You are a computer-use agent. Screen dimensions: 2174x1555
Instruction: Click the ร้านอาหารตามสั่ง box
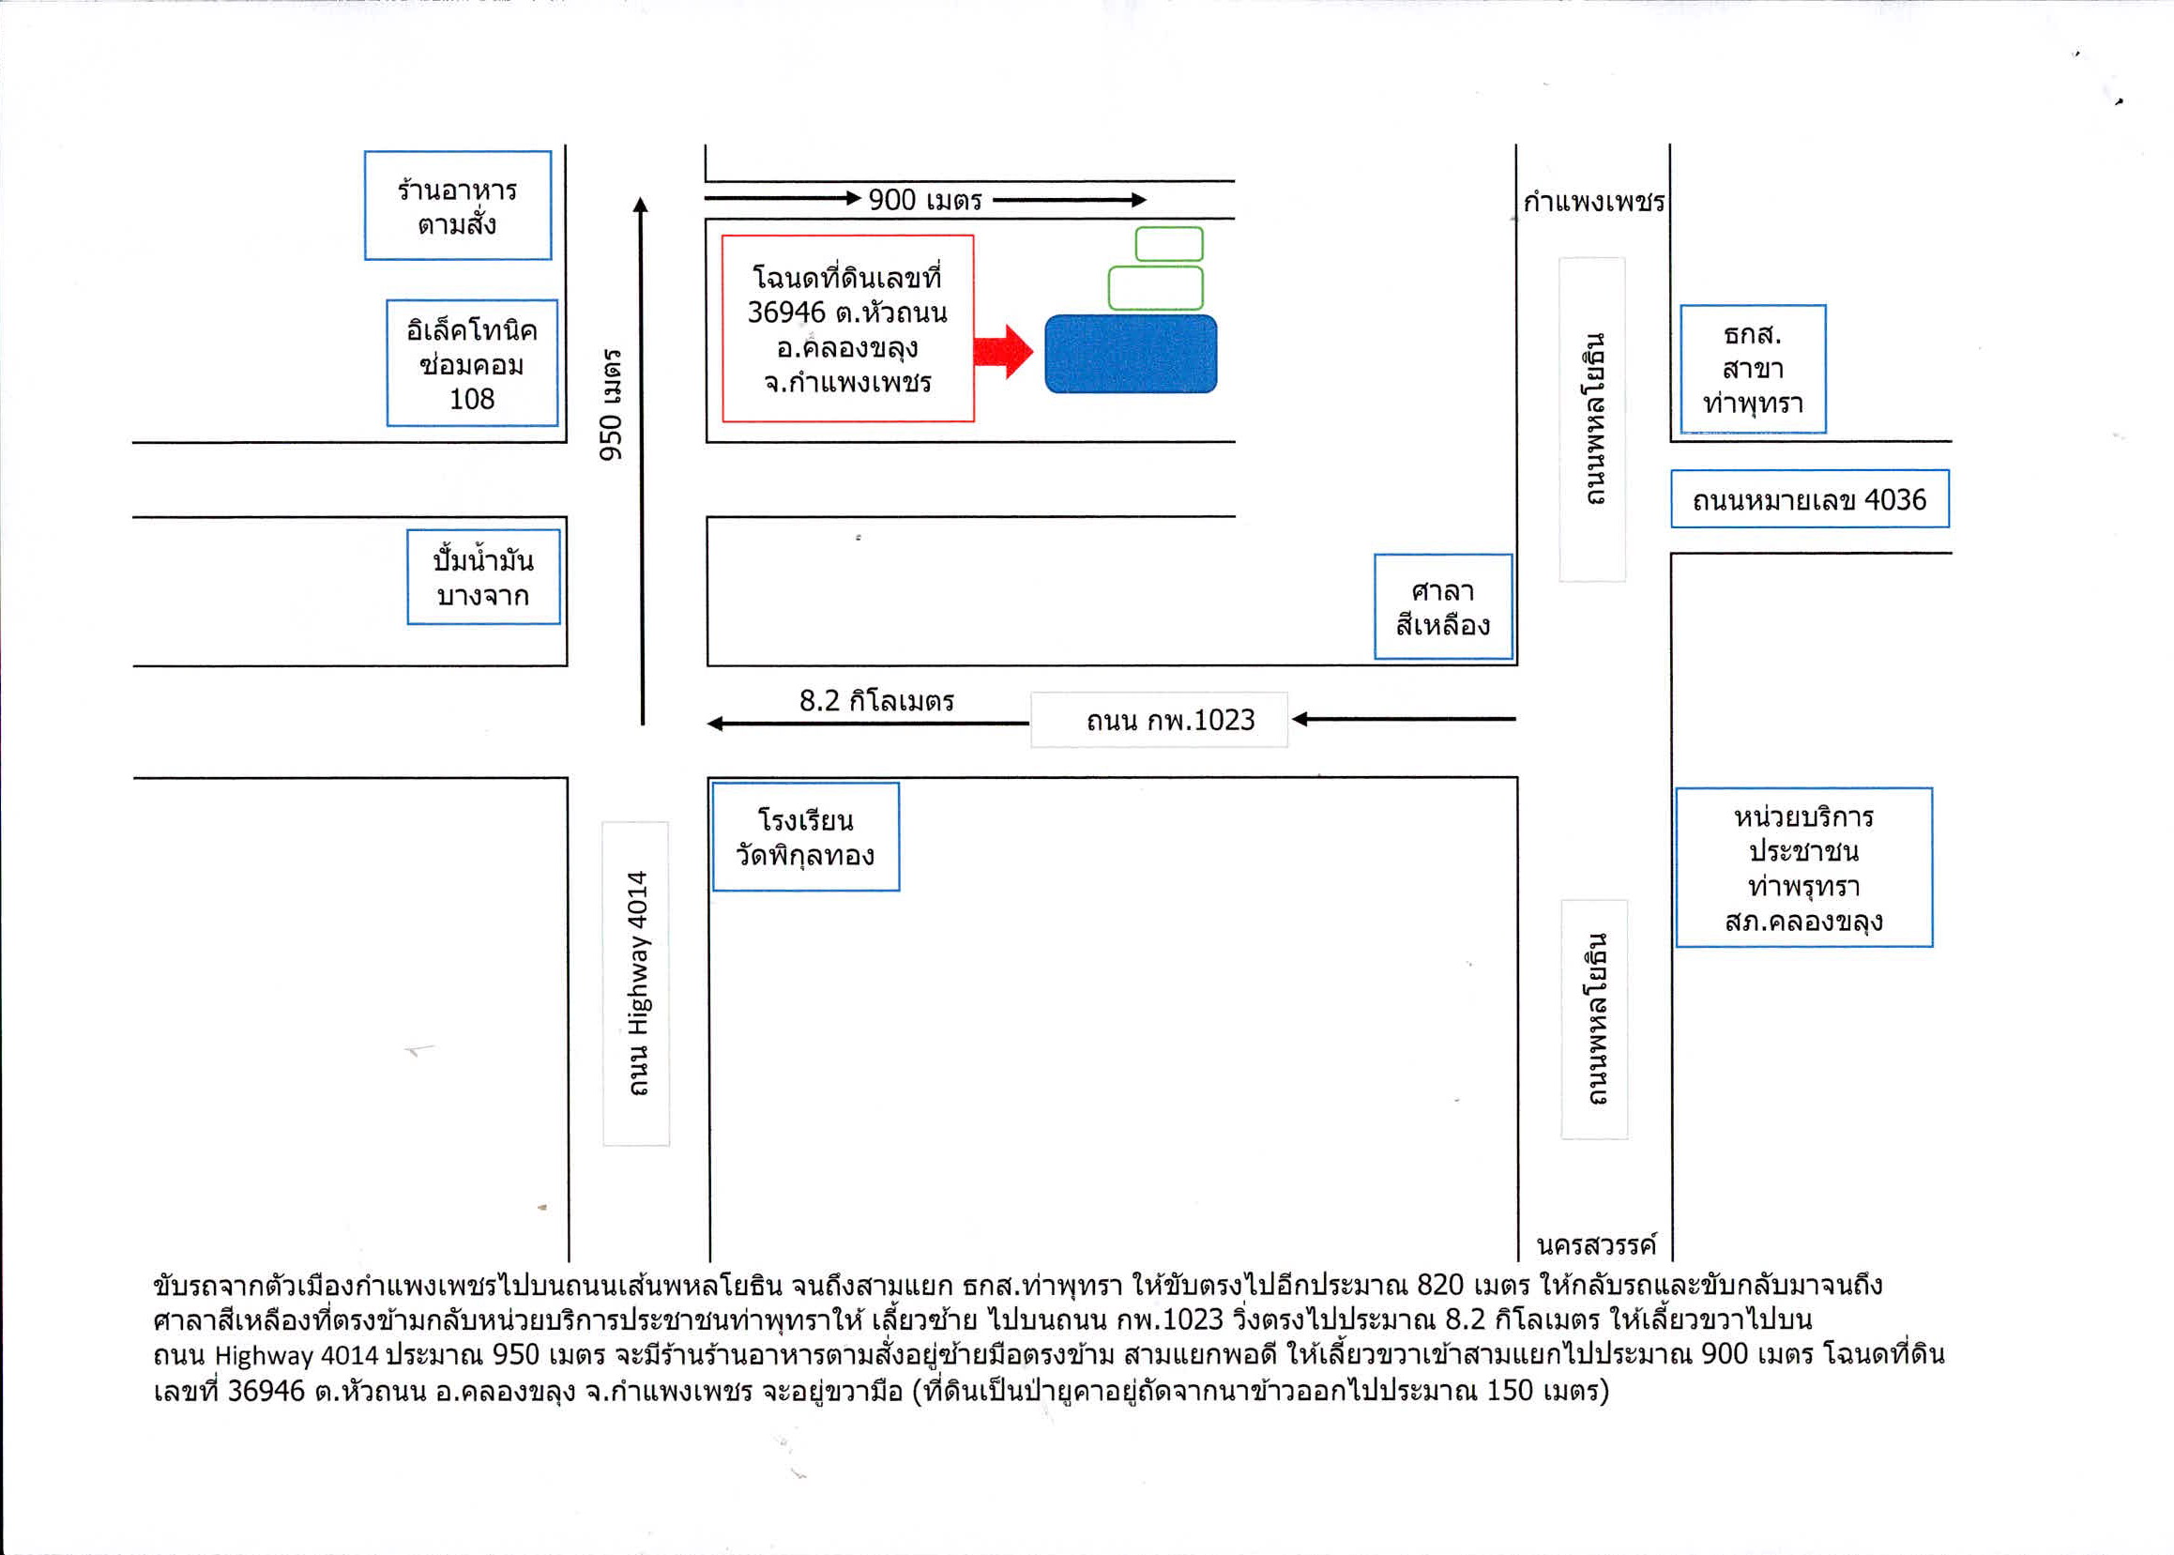(458, 205)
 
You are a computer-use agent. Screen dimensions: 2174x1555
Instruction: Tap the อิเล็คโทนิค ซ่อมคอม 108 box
(472, 363)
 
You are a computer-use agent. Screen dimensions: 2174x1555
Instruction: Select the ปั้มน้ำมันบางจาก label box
(483, 577)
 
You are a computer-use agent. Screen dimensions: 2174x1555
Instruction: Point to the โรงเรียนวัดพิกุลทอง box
(806, 837)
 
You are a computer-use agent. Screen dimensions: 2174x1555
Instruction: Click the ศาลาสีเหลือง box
(1444, 607)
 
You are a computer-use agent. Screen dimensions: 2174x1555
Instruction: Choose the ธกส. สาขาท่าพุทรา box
(1753, 369)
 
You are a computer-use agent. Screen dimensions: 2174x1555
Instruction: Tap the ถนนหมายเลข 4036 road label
(1809, 499)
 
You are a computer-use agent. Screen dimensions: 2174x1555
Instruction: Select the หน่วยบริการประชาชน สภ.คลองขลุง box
(1803, 867)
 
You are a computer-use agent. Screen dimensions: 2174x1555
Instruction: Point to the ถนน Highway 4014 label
(636, 983)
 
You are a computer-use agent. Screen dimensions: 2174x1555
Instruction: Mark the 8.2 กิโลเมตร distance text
(877, 701)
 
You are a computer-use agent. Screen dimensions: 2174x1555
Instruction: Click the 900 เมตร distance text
(925, 200)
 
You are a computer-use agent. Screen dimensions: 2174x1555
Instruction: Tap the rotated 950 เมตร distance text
(611, 404)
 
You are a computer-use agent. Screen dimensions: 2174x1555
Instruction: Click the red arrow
(1003, 352)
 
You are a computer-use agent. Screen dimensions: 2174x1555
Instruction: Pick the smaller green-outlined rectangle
(1169, 244)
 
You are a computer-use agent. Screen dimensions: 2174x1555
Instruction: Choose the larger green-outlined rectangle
(1155, 288)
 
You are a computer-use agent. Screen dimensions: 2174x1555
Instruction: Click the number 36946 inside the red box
(786, 313)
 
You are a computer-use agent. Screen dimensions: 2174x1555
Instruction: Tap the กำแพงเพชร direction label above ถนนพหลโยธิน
(1594, 202)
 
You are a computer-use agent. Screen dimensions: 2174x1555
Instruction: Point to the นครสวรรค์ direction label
(1596, 1244)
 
